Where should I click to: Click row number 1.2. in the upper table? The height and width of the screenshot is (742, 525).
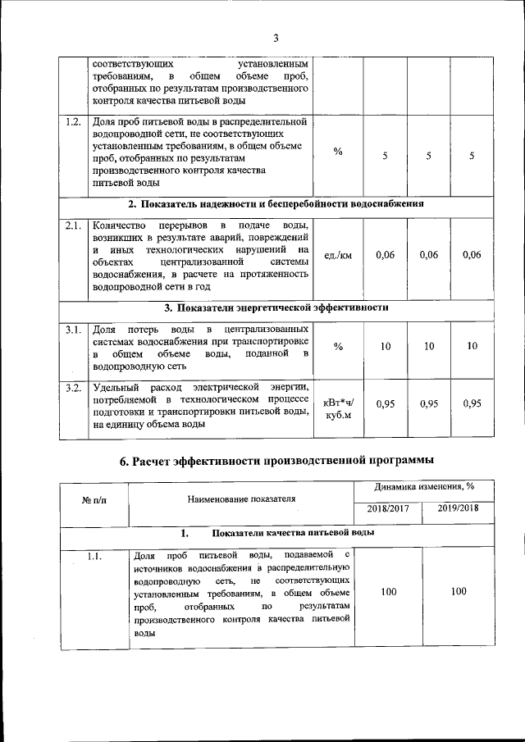tap(73, 122)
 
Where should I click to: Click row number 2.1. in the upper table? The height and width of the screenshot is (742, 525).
tap(73, 225)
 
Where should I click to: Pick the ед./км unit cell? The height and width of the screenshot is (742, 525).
tap(338, 256)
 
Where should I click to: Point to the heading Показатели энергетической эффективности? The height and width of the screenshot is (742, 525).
tap(276, 308)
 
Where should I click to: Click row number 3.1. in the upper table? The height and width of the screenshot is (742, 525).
tap(73, 330)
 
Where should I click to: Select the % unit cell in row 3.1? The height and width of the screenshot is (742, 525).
tap(338, 347)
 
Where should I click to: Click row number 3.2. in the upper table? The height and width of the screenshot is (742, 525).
tap(73, 387)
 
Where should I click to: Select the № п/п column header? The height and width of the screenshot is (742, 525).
tap(87, 499)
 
